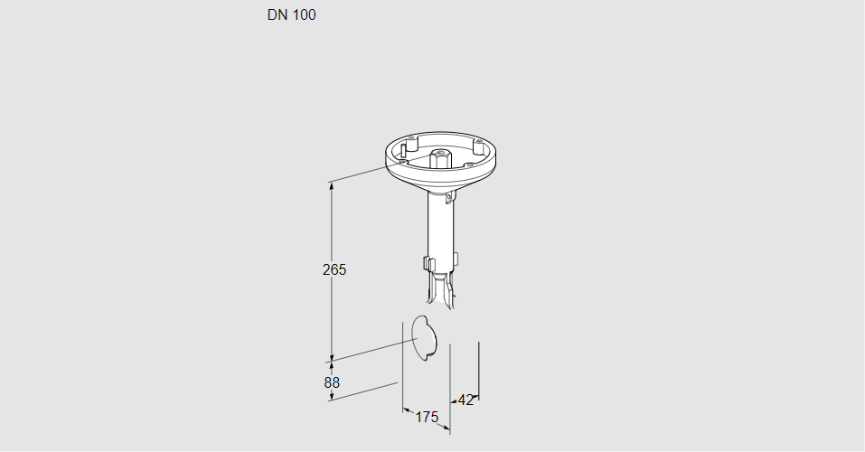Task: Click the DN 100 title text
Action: tap(291, 14)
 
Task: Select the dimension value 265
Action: tap(334, 270)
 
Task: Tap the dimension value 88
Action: tap(332, 382)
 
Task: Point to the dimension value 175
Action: tap(427, 418)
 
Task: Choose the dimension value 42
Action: tap(465, 400)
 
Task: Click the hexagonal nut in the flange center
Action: tap(438, 159)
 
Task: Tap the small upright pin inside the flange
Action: tap(404, 149)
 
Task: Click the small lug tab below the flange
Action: tap(452, 196)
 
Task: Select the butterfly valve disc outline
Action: tap(425, 338)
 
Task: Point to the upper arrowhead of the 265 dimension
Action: tap(332, 186)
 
